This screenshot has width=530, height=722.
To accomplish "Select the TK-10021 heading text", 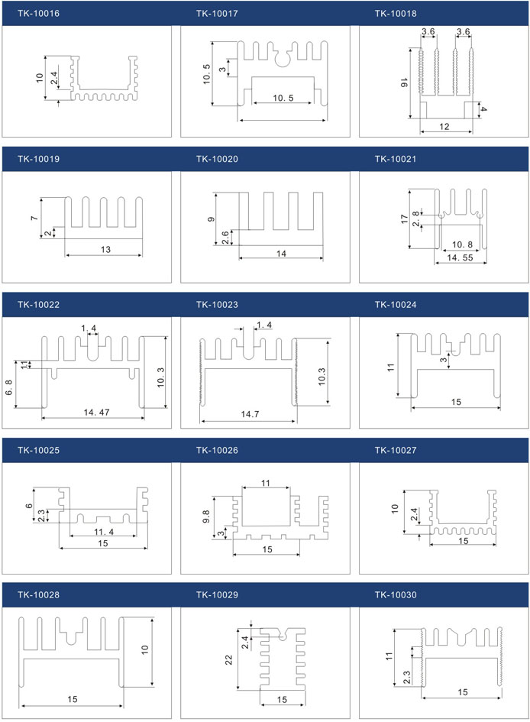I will coord(396,159).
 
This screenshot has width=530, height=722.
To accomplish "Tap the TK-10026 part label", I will coord(217,450).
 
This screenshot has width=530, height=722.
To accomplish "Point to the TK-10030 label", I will coord(396,594).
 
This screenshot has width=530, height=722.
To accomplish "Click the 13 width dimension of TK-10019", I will coord(105,249).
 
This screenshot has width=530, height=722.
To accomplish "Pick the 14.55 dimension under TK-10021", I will coord(457,259).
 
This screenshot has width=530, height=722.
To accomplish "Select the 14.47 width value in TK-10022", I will coord(92,413).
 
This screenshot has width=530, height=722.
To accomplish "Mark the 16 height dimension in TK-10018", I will coord(405,83).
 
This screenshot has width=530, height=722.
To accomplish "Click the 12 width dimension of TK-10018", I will coord(445,127).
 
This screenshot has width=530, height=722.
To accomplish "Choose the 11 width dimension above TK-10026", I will coord(266,484).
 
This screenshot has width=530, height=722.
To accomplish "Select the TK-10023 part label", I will coord(217,305).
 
